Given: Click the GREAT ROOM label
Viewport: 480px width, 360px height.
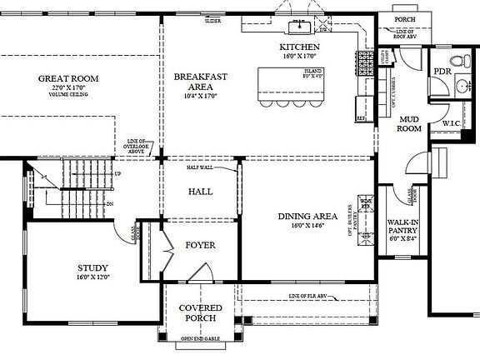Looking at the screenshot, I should point(68,78).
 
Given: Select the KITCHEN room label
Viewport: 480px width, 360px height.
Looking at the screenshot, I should point(299,47).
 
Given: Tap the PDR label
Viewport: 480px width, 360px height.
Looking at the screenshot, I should point(442,72).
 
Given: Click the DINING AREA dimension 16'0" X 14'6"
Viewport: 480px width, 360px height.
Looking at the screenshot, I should point(307,225).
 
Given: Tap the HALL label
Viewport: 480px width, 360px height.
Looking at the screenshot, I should point(199,191).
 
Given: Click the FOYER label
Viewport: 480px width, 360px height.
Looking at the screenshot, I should point(200,245).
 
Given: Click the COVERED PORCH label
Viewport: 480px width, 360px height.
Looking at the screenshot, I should point(200,312).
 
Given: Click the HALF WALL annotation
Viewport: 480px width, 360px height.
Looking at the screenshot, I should point(200,167).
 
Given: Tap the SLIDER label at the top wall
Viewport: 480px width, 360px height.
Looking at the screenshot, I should point(212,21).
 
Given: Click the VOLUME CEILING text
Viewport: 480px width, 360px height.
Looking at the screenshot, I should point(68,95).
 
